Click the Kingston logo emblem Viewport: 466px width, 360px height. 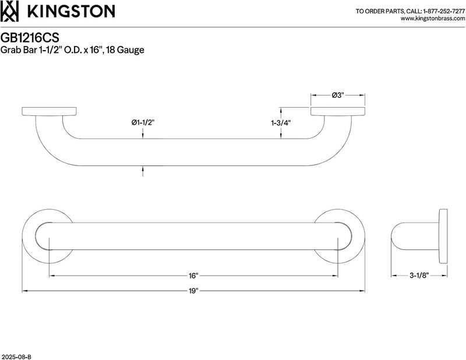[x=9, y=11]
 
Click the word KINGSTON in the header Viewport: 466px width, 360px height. [x=71, y=12]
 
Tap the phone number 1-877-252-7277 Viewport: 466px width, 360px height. [x=444, y=11]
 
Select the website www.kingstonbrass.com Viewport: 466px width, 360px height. [x=433, y=19]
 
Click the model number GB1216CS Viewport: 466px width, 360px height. [x=30, y=38]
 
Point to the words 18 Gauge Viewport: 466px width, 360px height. [x=125, y=50]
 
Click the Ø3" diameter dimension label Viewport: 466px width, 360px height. [x=338, y=95]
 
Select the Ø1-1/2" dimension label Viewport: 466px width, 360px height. [x=143, y=122]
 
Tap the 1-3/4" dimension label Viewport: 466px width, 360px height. [x=281, y=122]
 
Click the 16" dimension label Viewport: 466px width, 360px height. [x=193, y=276]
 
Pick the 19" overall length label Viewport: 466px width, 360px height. [x=193, y=291]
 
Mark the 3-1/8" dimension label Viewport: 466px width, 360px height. [x=419, y=276]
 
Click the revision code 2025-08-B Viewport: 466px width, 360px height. [x=16, y=357]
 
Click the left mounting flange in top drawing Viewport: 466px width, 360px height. [x=49, y=111]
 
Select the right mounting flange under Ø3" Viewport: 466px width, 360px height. [x=338, y=111]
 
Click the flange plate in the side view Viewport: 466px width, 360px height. [x=443, y=237]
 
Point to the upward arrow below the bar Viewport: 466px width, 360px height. [x=143, y=171]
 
